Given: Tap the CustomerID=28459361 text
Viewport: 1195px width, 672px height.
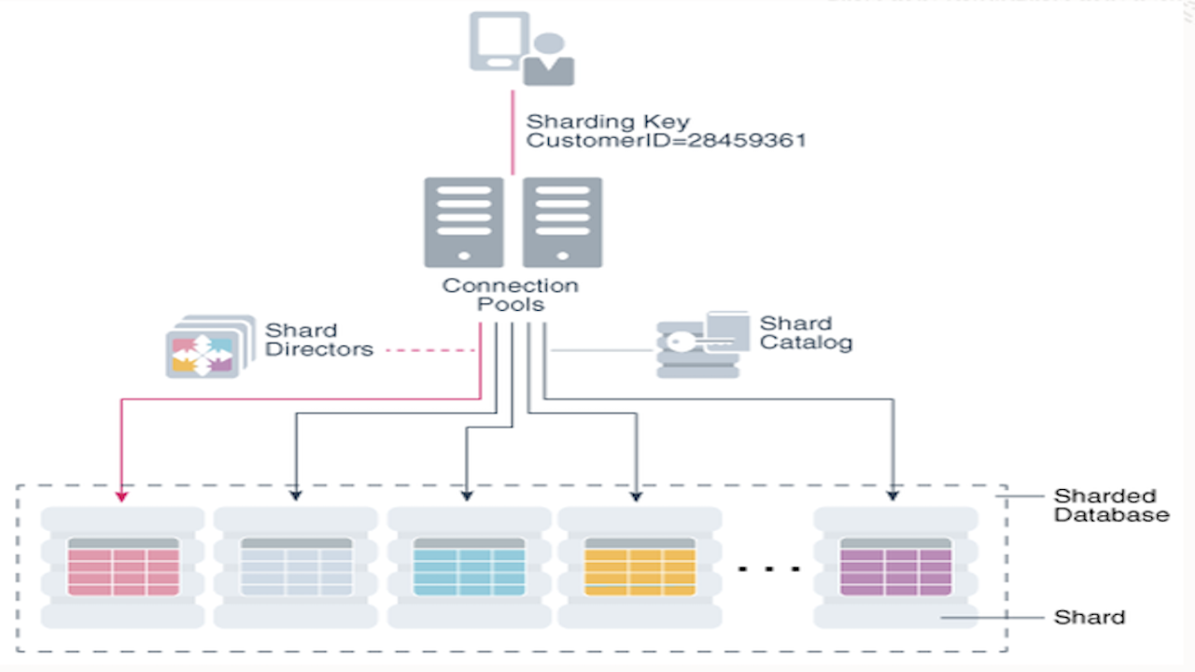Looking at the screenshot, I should [666, 142].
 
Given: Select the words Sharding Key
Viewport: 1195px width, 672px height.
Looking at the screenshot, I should [608, 121].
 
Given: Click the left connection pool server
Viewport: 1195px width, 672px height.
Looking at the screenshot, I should [463, 222].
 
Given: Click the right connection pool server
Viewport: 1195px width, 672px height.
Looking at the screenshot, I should [562, 222].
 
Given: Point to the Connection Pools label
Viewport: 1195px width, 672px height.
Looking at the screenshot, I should [510, 295].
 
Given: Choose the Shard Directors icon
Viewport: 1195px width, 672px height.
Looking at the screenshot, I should [209, 346].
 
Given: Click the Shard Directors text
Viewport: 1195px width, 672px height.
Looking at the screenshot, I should [318, 341].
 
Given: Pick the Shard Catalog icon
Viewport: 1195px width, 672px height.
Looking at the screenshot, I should [702, 344].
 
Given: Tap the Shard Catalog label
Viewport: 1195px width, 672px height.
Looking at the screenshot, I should [806, 333].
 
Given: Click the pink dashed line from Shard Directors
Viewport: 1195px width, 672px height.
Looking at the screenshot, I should [430, 351].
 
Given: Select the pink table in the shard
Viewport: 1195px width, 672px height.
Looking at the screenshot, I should [123, 567].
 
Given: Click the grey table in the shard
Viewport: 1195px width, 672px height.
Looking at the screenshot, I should [296, 567].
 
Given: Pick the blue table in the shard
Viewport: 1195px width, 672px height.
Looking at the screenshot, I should [469, 567].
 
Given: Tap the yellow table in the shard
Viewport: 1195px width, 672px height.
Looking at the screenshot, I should [640, 567].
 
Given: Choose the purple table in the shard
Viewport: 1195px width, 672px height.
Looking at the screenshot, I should [895, 567].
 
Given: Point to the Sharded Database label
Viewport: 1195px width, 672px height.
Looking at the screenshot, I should [1110, 505].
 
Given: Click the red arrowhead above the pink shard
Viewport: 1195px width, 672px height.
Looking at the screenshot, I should [122, 494].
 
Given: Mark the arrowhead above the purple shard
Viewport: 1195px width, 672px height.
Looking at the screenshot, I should [893, 494].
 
